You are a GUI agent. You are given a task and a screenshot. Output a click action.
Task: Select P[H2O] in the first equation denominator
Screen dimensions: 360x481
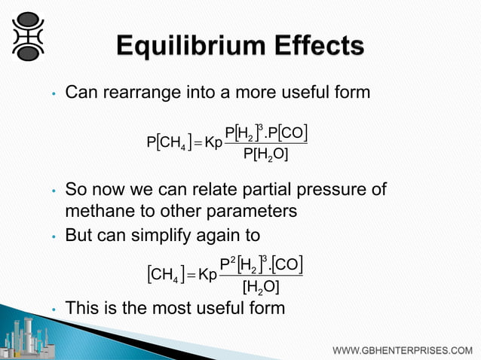click(x=266, y=155)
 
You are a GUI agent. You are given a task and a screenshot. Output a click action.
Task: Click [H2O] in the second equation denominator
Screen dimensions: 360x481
click(x=261, y=287)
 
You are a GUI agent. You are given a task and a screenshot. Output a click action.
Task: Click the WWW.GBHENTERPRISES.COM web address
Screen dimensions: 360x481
click(x=403, y=350)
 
